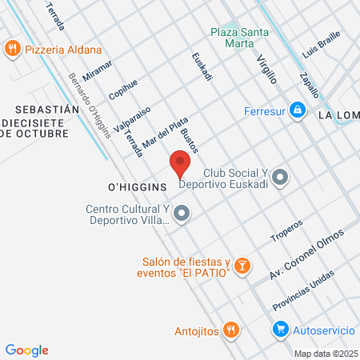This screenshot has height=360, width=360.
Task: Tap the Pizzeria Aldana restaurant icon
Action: coord(12,50)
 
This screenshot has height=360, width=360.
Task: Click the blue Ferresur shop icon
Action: coord(297,109)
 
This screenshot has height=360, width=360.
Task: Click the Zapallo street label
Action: coord(309,80)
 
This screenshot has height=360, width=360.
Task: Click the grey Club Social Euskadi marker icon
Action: coord(279,178)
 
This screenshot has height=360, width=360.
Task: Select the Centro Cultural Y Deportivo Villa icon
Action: coord(182,214)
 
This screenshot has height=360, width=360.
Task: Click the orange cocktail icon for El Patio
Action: coord(243,266)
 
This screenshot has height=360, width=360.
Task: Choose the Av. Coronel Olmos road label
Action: coord(306,254)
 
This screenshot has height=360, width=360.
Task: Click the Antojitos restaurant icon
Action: coord(230,329)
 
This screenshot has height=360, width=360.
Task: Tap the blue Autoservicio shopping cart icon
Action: coord(280,329)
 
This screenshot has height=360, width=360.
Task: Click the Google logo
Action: coord(26,350)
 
